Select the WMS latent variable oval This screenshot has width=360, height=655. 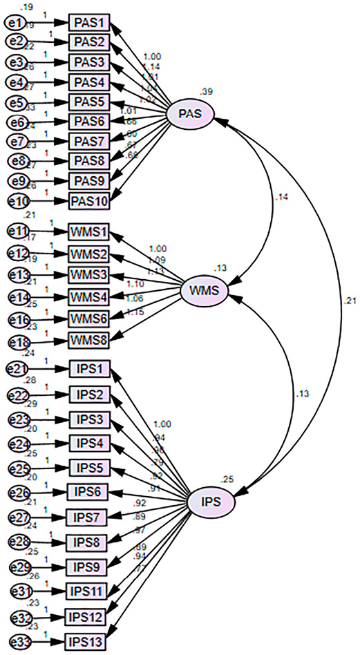click(204, 291)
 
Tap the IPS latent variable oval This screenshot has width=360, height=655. click(211, 502)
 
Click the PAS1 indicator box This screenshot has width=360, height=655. click(90, 23)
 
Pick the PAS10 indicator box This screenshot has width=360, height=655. click(90, 201)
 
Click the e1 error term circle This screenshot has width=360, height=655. click(14, 23)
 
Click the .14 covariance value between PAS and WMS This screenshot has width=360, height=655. click(281, 197)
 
